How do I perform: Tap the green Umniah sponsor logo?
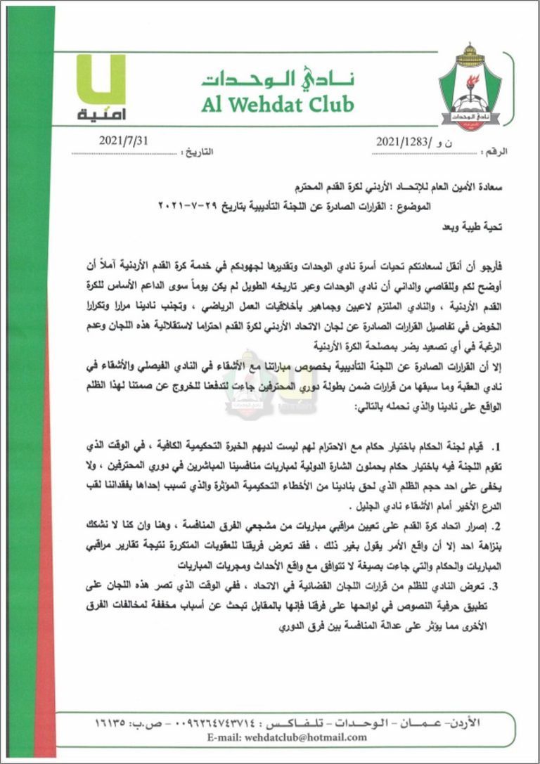pos(100,88)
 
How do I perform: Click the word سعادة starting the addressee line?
pos(496,188)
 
